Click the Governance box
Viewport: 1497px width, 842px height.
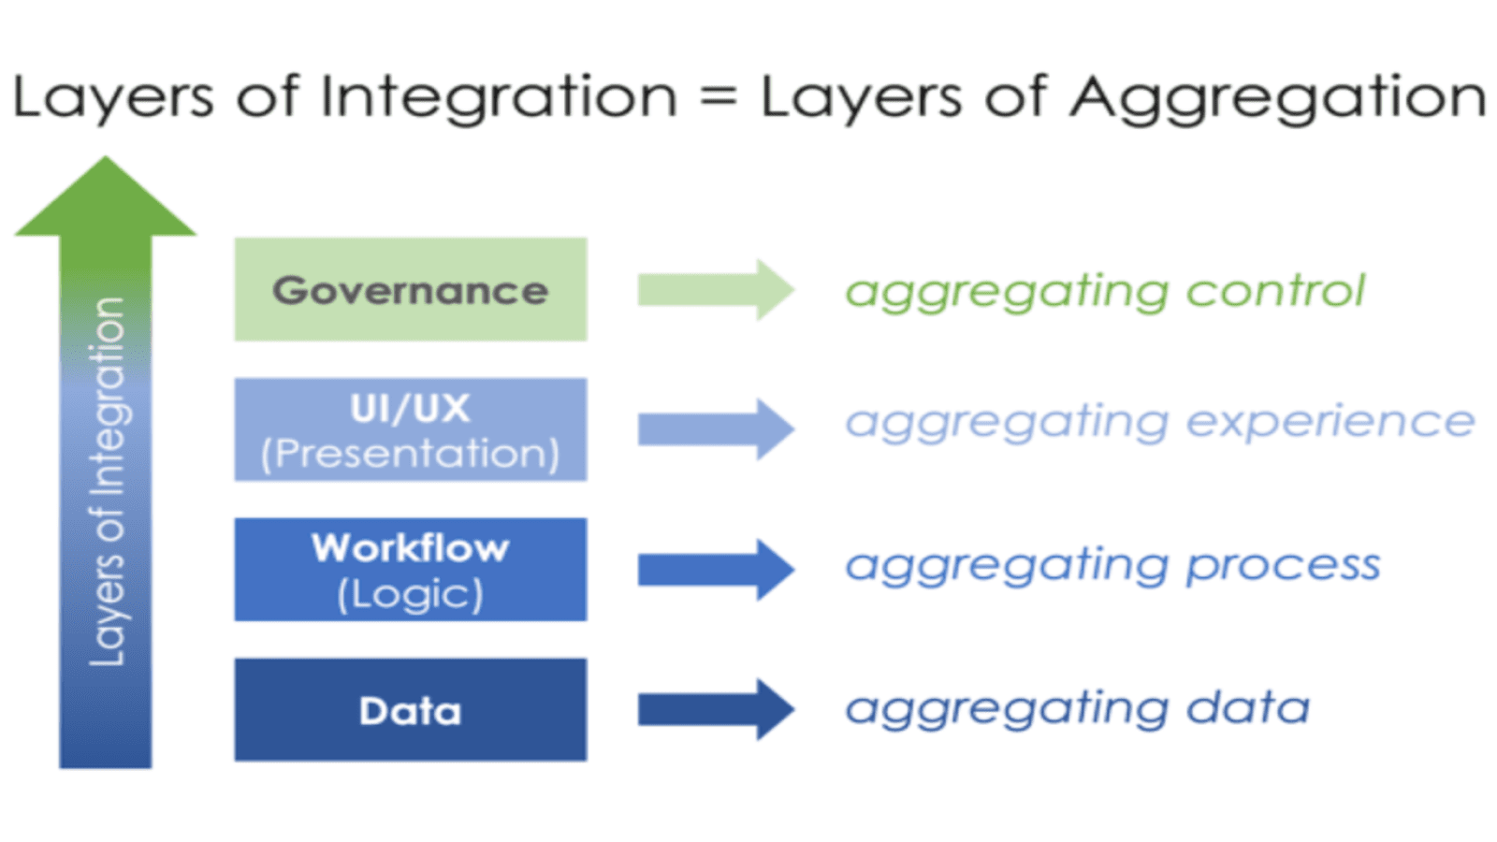pos(410,289)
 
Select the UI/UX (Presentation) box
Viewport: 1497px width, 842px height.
pos(410,429)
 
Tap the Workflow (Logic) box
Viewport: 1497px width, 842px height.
pos(410,569)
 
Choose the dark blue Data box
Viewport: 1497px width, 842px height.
pos(410,709)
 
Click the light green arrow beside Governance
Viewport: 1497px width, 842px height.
pos(716,290)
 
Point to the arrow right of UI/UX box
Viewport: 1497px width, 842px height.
pos(716,429)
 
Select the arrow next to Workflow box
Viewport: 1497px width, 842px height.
pos(716,569)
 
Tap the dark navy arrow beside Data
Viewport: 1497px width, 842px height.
pos(716,709)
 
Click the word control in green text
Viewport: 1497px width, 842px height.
pos(1275,291)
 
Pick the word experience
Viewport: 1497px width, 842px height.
pos(1330,422)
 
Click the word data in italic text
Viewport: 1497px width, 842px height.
pos(1248,707)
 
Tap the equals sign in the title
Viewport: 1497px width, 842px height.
pos(718,97)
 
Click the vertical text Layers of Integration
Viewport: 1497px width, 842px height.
pos(107,482)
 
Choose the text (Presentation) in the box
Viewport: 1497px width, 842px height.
pos(410,454)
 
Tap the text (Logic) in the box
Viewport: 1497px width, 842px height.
pos(410,594)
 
